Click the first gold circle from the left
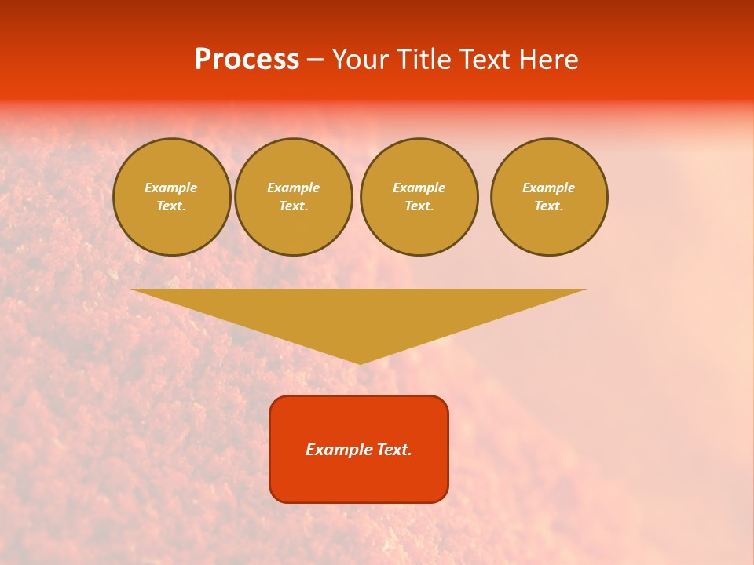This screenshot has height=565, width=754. click(172, 197)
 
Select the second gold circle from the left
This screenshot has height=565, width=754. click(294, 197)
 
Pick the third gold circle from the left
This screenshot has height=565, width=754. click(419, 197)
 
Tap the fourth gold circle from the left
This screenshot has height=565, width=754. click(549, 197)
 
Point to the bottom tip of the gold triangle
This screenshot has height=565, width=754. click(360, 363)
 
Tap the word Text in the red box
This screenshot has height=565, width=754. click(394, 450)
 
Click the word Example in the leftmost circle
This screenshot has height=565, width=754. click(171, 188)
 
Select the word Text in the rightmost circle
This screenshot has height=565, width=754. click(547, 206)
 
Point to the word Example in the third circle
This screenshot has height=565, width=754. click(419, 188)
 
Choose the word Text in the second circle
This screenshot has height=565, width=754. click(292, 206)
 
